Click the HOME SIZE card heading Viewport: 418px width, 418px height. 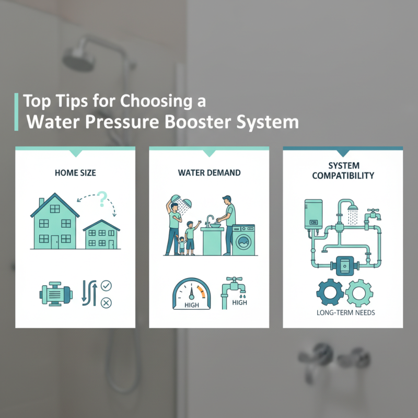(75, 172)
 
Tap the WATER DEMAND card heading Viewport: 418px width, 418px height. (208, 172)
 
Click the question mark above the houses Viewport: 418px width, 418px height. (102, 198)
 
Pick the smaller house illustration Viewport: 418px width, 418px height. (101, 235)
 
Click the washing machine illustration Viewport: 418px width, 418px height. (243, 240)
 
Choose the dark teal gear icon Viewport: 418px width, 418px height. (328, 293)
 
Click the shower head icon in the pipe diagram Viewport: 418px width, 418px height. (353, 213)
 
